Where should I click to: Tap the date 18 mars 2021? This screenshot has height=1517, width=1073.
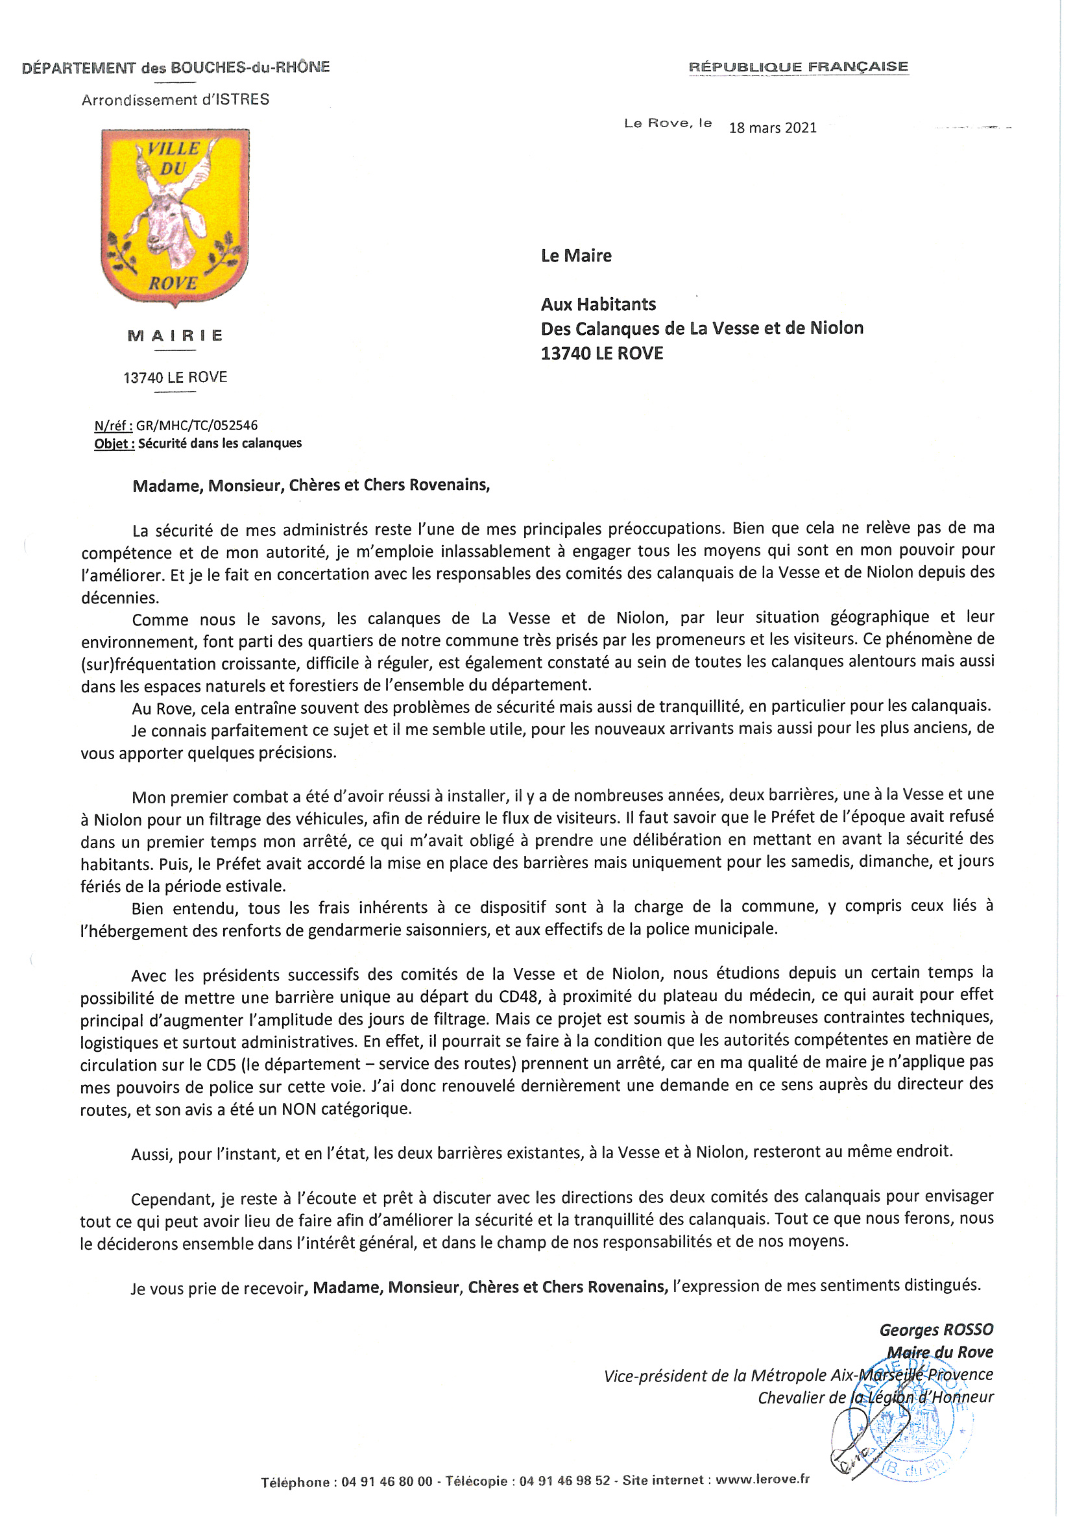click(773, 128)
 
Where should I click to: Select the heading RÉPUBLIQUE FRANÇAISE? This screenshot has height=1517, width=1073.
click(798, 67)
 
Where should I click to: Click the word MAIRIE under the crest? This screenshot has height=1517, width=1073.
click(175, 335)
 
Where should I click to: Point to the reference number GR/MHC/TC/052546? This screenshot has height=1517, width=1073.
click(197, 426)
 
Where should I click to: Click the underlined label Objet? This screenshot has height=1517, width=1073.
click(114, 444)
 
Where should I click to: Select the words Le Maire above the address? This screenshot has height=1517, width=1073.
click(576, 256)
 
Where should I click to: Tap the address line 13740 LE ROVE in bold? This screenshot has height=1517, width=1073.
click(602, 354)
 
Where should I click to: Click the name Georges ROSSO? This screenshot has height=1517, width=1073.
click(935, 1329)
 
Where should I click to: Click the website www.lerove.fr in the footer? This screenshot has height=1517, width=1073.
click(762, 1479)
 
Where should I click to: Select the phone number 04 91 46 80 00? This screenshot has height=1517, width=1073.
click(387, 1481)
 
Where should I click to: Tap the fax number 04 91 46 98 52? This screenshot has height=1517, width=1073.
click(564, 1481)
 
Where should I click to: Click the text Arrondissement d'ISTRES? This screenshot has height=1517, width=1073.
click(175, 100)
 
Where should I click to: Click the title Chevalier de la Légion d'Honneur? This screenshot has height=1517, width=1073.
click(875, 1397)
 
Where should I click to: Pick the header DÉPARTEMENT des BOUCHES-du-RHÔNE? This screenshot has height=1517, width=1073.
click(176, 67)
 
